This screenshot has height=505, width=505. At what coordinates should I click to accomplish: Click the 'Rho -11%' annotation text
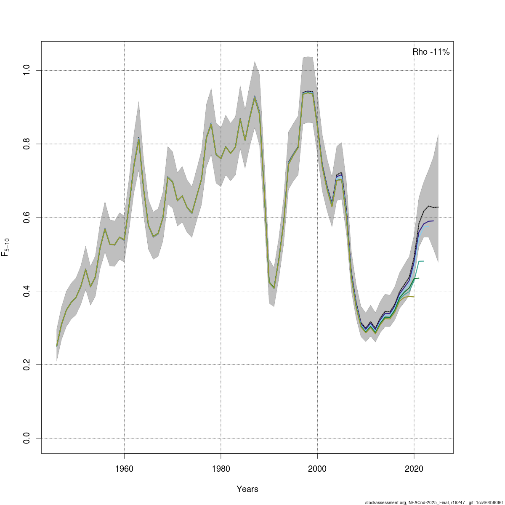point(431,52)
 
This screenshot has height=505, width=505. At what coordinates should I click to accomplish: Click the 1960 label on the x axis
point(124,468)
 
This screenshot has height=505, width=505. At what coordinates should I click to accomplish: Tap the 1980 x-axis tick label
point(221,468)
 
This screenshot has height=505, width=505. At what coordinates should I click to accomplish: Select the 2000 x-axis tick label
point(317,468)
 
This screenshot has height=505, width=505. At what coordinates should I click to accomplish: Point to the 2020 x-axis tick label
point(414,468)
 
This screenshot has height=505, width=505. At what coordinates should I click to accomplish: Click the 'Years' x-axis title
point(247,489)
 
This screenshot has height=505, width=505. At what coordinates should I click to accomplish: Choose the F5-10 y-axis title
point(7,247)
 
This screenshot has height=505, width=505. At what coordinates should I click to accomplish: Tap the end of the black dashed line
point(439,207)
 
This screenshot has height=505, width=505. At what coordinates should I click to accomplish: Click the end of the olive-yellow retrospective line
point(414,297)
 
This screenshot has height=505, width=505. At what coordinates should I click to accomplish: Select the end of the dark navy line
point(433,221)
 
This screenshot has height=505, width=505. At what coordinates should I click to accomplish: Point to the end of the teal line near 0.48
point(424,261)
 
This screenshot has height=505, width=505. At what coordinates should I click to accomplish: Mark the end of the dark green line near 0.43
point(419,278)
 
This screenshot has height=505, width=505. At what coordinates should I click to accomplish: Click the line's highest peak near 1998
point(308,91)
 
